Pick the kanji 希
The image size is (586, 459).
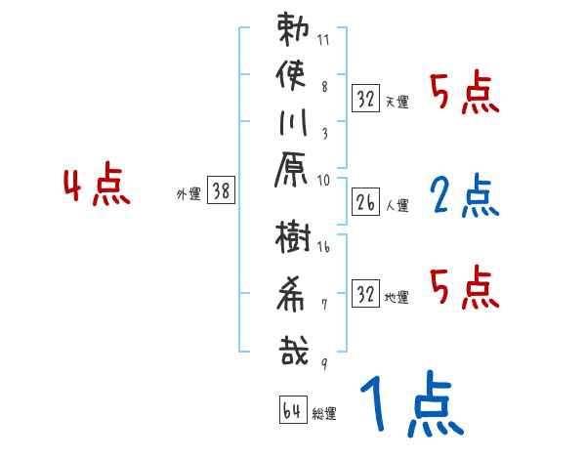(293, 294)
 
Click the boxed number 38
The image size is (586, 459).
(222, 192)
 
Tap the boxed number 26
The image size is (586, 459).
(366, 203)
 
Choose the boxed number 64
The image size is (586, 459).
(292, 411)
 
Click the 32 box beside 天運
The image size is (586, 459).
(366, 99)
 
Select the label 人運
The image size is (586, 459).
(398, 207)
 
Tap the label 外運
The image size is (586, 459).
(188, 194)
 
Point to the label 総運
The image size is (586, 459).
(324, 414)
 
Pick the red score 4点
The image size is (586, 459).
(97, 188)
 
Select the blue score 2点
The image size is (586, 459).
(464, 195)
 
